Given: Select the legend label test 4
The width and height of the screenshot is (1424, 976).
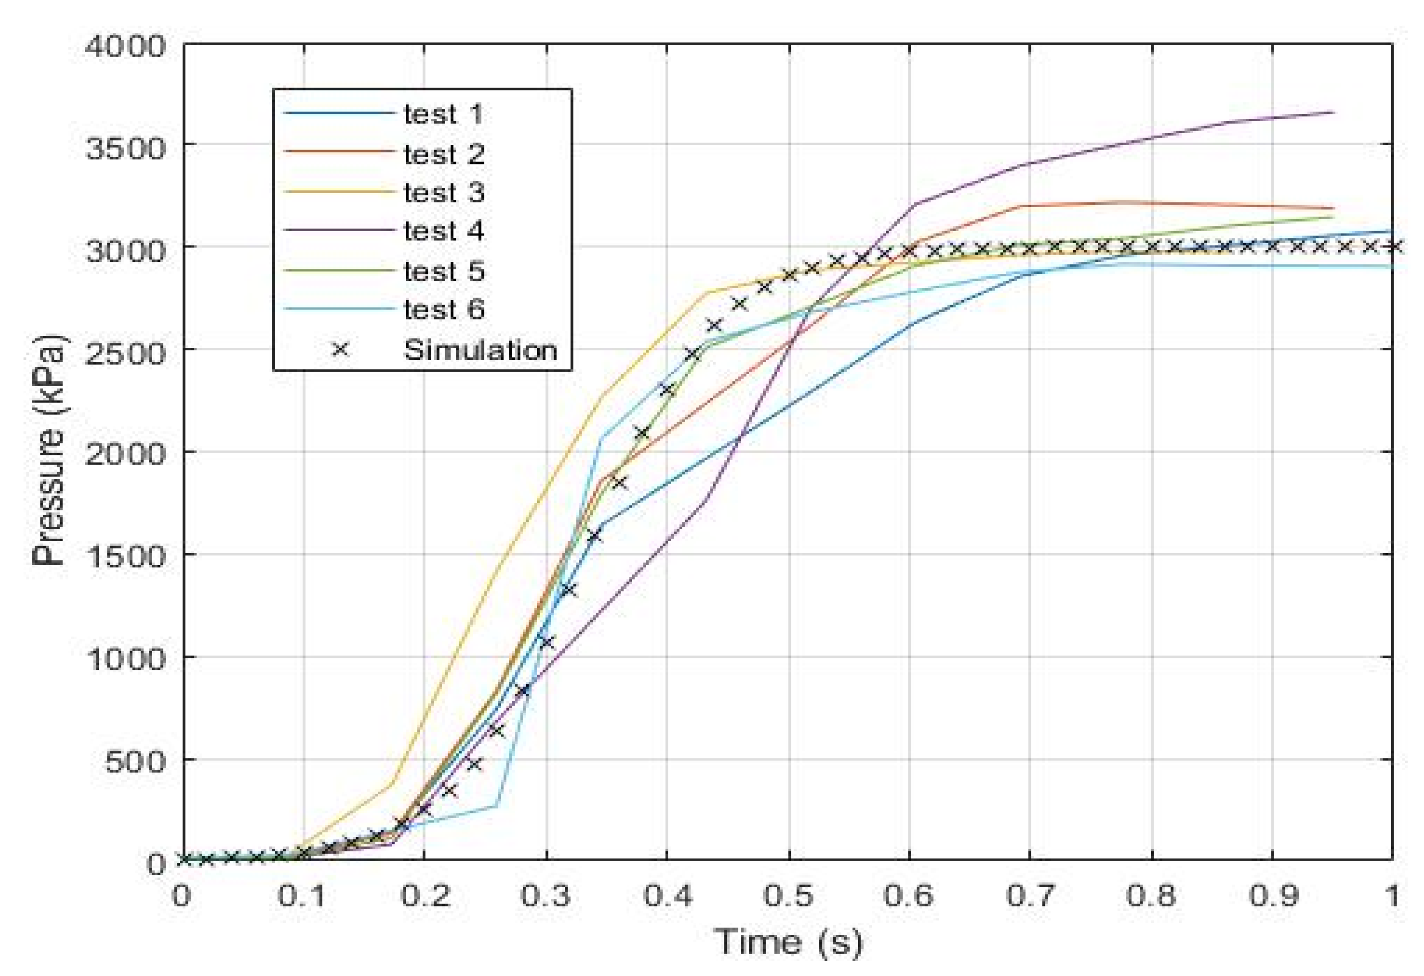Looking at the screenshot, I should tap(444, 232).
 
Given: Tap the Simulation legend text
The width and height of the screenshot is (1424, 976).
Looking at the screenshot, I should tap(480, 350).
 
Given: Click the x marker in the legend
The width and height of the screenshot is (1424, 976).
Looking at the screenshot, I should tap(340, 350).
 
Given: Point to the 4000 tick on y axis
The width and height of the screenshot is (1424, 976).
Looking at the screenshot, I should tap(126, 47).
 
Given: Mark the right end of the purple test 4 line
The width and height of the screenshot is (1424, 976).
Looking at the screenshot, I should tap(1333, 113).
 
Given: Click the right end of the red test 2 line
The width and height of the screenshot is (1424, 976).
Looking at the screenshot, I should tap(1333, 208).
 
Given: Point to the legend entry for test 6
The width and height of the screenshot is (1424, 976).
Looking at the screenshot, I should tap(444, 310).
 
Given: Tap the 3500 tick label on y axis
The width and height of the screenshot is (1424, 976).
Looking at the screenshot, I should tap(126, 149).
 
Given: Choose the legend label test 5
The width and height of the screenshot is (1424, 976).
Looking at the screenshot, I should tap(444, 271).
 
